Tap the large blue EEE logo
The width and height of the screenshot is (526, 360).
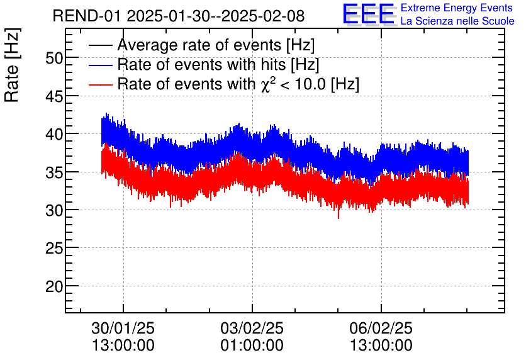click(x=369, y=14)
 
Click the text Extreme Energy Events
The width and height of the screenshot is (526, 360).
click(x=457, y=8)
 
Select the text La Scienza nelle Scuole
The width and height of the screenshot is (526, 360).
click(x=457, y=21)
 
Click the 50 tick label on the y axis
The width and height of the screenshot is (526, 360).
click(x=54, y=58)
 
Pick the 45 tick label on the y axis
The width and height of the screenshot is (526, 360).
click(x=54, y=96)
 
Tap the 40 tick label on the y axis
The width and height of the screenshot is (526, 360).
click(x=54, y=134)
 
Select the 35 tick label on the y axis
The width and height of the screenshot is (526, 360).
click(x=54, y=172)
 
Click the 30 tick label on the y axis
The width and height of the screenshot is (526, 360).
click(x=54, y=210)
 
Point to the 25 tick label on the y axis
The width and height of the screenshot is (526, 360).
click(x=54, y=249)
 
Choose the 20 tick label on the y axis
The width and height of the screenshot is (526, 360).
click(x=54, y=286)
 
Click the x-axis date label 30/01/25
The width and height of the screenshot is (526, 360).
click(x=123, y=329)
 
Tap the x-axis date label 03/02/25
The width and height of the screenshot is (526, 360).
click(x=252, y=329)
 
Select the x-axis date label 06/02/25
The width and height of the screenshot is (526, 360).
click(x=381, y=329)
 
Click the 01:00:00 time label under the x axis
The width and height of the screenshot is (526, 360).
click(x=252, y=346)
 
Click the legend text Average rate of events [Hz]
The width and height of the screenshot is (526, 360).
click(x=216, y=45)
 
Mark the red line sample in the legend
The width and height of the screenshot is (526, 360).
click(x=101, y=84)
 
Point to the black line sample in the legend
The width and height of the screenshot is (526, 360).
click(x=101, y=45)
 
